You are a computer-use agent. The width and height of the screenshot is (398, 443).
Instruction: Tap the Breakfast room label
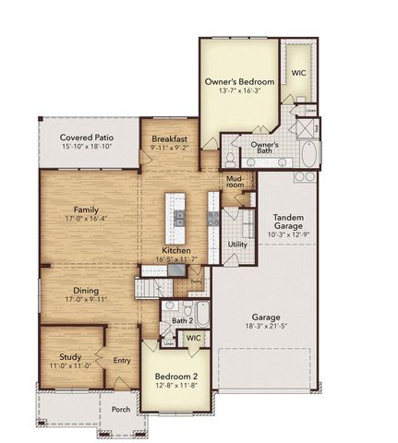click(170, 138)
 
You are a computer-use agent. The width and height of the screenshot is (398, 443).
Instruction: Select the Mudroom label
click(235, 181)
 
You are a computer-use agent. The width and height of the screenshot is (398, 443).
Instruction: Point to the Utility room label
click(237, 245)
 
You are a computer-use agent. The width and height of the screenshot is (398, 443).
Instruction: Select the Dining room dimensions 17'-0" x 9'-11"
click(87, 300)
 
